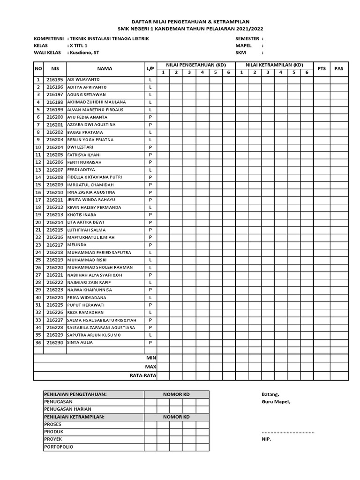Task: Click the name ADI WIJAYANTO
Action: tap(83, 80)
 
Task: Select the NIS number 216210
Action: tap(55, 192)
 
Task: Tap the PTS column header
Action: tap(322, 68)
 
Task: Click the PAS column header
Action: tap(339, 68)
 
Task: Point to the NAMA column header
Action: tap(105, 68)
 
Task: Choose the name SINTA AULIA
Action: tap(80, 343)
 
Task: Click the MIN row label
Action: tap(151, 358)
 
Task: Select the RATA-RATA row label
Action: tap(143, 375)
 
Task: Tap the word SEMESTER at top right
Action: tap(247, 38)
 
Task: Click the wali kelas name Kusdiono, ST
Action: tap(85, 53)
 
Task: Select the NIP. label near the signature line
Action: tap(266, 439)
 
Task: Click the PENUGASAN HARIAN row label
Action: tap(67, 409)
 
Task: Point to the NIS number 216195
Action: tap(55, 80)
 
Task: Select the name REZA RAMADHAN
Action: tap(85, 312)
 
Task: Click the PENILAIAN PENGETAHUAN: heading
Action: tap(75, 394)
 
